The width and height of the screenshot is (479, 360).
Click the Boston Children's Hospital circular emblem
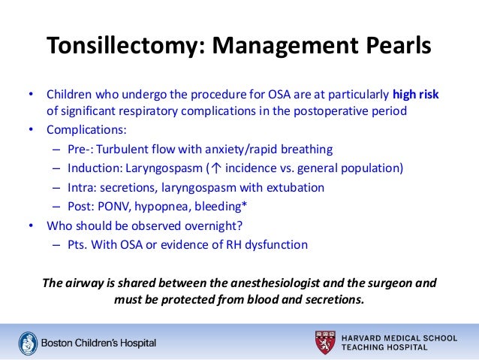coord(26,342)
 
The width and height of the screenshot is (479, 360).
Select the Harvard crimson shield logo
coord(325,342)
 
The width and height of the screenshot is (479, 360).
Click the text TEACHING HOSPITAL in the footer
coord(384,347)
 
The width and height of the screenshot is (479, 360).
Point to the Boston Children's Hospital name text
coord(98,343)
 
